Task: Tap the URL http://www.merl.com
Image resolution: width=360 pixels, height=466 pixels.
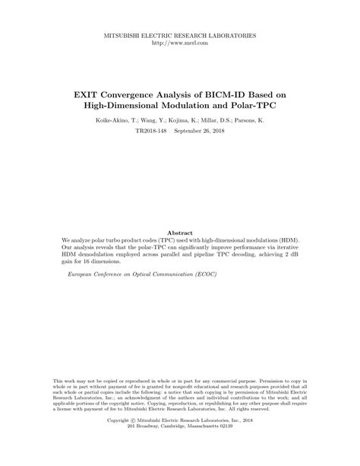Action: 180,43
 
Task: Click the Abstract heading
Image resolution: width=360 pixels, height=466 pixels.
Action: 180,232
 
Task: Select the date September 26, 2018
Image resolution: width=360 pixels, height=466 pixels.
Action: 201,132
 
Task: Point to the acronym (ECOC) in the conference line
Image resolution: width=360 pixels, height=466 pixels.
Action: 196,271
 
